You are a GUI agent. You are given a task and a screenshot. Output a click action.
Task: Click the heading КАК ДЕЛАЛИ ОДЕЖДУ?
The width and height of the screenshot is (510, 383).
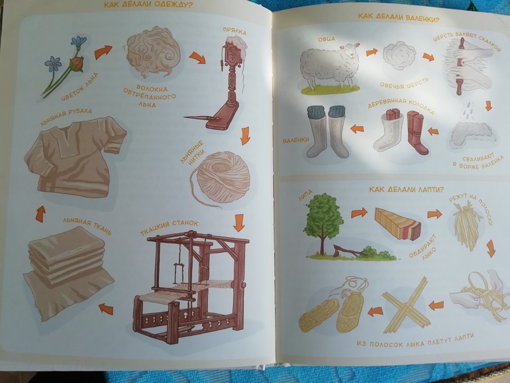pyautogui.click(x=148, y=5)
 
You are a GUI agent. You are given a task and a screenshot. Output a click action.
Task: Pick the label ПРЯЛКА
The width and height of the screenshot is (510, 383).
pyautogui.click(x=234, y=31)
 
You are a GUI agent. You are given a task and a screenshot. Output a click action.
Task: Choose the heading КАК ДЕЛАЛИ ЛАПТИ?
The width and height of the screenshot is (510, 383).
pyautogui.click(x=406, y=190)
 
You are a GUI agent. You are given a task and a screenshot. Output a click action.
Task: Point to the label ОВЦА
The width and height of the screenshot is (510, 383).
pyautogui.click(x=327, y=39)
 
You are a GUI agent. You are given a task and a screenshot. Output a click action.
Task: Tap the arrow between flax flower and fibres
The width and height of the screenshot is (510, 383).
pyautogui.click(x=103, y=52)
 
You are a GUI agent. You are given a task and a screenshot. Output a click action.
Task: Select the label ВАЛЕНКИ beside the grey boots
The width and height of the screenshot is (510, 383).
pyautogui.click(x=295, y=140)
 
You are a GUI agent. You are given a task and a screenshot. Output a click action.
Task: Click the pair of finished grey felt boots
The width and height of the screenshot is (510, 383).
pyautogui.click(x=327, y=131)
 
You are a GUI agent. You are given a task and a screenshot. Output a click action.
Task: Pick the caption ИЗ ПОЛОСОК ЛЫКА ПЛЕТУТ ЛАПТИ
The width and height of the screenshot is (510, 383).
pyautogui.click(x=415, y=341)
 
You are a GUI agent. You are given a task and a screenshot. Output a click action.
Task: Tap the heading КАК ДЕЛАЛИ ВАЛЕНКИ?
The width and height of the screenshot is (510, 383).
pyautogui.click(x=399, y=17)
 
